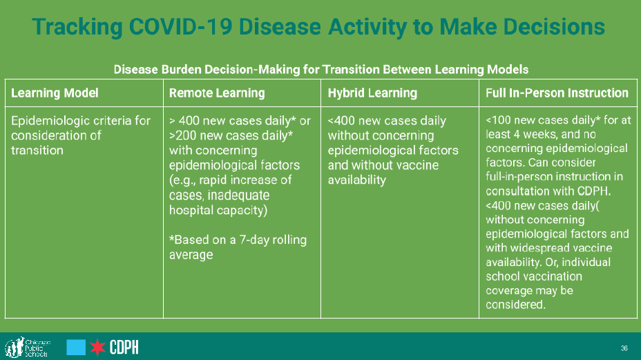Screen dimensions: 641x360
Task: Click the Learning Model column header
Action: click(x=55, y=93)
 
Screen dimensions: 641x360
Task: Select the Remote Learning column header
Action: click(x=217, y=93)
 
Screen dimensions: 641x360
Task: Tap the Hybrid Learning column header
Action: click(x=372, y=93)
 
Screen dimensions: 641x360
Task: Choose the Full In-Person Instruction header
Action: click(x=557, y=93)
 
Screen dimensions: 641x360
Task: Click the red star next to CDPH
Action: click(x=97, y=348)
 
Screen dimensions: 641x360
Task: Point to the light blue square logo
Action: click(x=76, y=348)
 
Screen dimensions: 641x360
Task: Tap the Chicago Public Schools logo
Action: click(x=28, y=348)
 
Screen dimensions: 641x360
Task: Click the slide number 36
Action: click(x=624, y=348)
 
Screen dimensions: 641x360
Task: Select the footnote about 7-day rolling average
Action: click(x=238, y=247)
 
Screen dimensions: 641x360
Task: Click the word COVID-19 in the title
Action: click(x=181, y=26)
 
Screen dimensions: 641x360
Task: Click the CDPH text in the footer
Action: click(x=124, y=348)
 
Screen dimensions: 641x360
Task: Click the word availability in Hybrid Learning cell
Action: click(x=357, y=180)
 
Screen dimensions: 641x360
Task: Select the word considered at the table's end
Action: click(x=515, y=304)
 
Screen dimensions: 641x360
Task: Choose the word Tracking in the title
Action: click(x=77, y=28)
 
